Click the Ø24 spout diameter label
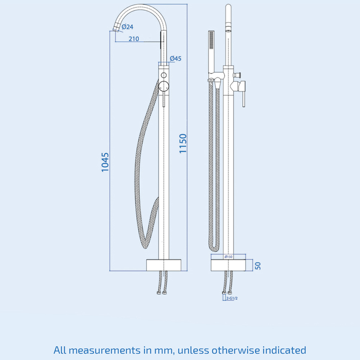[127, 27]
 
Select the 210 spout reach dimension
[134, 39]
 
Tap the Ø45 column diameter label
[175, 59]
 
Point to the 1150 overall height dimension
[183, 144]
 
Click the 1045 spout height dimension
[105, 162]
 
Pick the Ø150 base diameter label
[229, 257]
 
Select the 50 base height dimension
[258, 266]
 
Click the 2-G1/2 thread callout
[232, 298]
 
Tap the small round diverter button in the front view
[164, 75]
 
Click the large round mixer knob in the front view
[164, 86]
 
